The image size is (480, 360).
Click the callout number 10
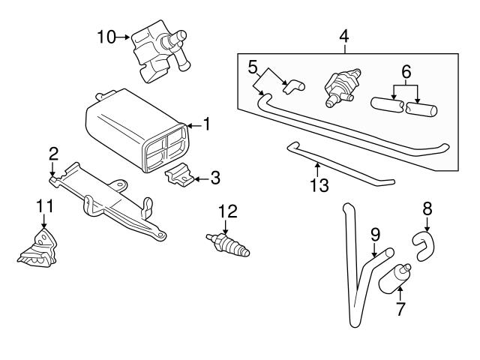[x=106, y=35]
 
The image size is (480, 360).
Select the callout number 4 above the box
[x=344, y=35]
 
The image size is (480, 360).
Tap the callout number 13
[x=319, y=185]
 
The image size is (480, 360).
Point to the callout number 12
[x=228, y=212]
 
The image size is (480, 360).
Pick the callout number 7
[x=400, y=308]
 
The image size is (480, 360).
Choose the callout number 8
[x=427, y=208]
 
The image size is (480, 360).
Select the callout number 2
[x=53, y=154]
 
